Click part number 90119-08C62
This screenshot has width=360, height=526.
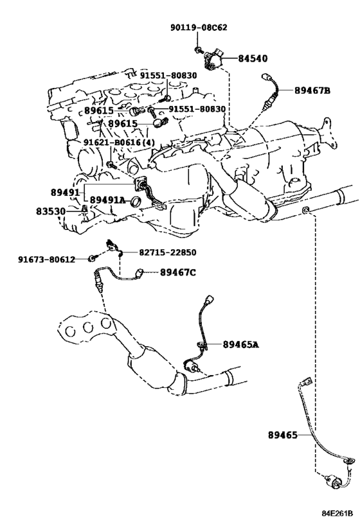pyautogui.click(x=199, y=28)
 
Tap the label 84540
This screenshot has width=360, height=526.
pyautogui.click(x=253, y=58)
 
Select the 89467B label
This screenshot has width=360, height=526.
pyautogui.click(x=312, y=91)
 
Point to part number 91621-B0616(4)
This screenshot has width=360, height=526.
pyautogui.click(x=119, y=143)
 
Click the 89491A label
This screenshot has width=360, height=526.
pyautogui.click(x=107, y=200)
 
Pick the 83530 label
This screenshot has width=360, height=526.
pyautogui.click(x=51, y=212)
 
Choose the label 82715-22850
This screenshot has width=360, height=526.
pyautogui.click(x=168, y=252)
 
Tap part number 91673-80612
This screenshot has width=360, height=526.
pyautogui.click(x=47, y=259)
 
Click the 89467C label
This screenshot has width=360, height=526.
pyautogui.click(x=177, y=272)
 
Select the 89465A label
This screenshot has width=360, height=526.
pyautogui.click(x=241, y=344)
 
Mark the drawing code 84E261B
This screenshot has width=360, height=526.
pyautogui.click(x=337, y=514)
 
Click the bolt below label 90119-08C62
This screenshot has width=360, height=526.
pyautogui.click(x=198, y=50)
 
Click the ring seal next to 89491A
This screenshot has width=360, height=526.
pyautogui.click(x=136, y=202)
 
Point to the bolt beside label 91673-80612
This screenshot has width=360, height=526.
pyautogui.click(x=92, y=258)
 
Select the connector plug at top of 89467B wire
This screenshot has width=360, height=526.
pyautogui.click(x=267, y=77)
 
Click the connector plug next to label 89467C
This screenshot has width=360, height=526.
pyautogui.click(x=139, y=272)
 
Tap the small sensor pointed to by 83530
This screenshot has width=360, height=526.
pyautogui.click(x=84, y=209)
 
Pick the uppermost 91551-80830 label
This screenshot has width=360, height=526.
pyautogui.click(x=168, y=76)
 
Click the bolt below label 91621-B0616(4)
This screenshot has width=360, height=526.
pyautogui.click(x=111, y=164)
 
